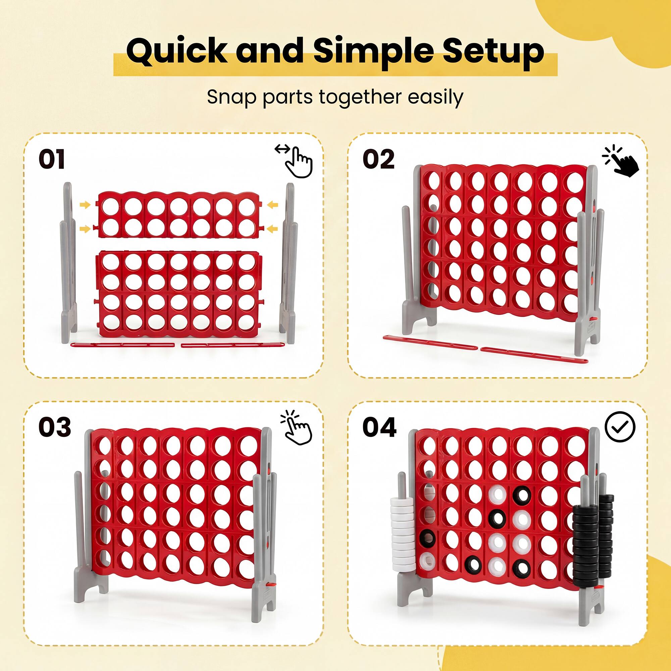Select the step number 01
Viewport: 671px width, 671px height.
tap(52, 159)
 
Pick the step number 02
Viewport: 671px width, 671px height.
tap(378, 159)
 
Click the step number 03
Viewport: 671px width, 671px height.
tap(55, 427)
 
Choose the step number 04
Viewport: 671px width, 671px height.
tap(379, 427)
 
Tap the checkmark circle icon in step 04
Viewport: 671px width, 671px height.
tap(620, 426)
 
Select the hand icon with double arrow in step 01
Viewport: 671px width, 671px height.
tap(295, 161)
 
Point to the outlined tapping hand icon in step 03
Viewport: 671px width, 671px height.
tap(297, 428)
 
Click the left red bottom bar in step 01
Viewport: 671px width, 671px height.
tap(122, 345)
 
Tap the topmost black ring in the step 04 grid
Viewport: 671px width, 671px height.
tap(522, 495)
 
